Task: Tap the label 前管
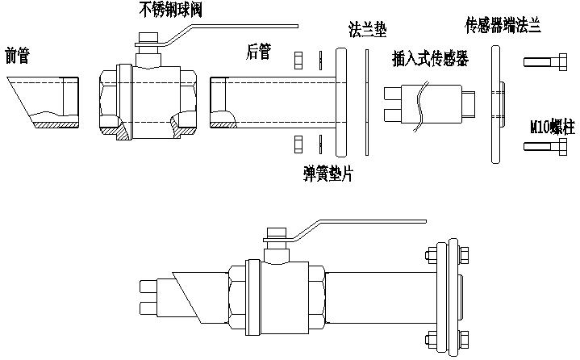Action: (x=18, y=57)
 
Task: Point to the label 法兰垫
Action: (x=366, y=31)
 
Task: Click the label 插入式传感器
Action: (x=430, y=60)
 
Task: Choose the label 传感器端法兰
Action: (x=503, y=25)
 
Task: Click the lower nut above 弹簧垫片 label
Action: (x=298, y=144)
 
